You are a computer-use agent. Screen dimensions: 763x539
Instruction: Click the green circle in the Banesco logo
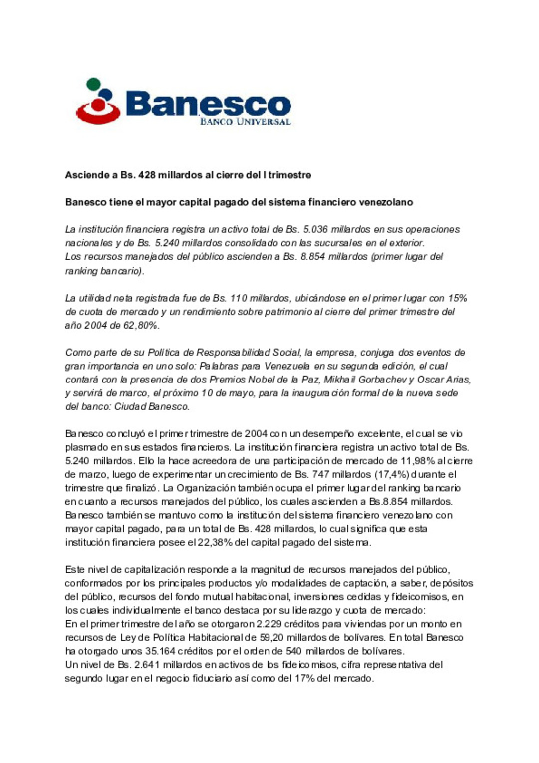[x=93, y=84]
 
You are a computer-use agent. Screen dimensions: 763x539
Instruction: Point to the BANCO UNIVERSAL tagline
[x=245, y=122]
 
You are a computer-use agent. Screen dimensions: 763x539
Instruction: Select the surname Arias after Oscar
[x=458, y=380]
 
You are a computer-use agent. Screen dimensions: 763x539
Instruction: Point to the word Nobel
[x=258, y=380]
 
